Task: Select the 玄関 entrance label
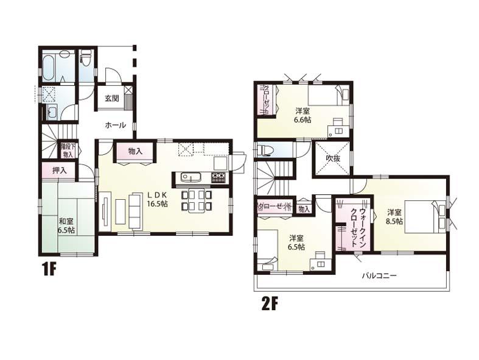111,99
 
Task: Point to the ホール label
115,125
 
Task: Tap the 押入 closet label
59,171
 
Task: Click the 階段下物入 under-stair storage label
67,150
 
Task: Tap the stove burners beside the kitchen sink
218,178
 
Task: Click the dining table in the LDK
196,201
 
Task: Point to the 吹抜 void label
332,158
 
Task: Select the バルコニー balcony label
379,275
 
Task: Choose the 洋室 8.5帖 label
394,217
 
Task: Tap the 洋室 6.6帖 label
303,115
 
